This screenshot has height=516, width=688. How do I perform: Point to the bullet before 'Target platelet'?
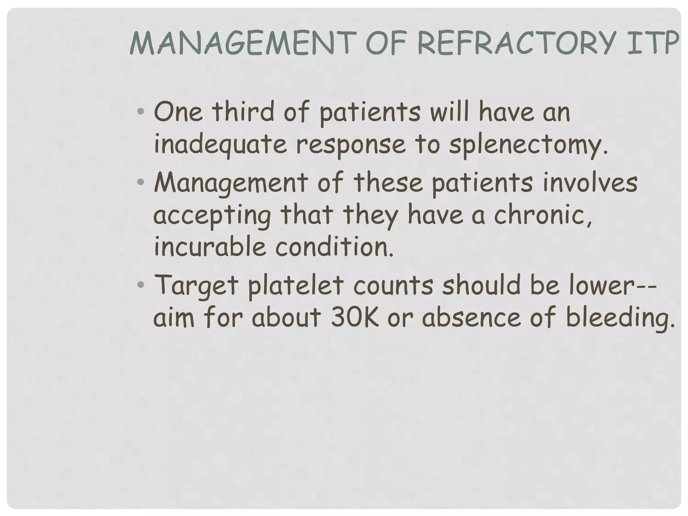point(141,285)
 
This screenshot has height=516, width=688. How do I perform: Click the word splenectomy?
point(528,145)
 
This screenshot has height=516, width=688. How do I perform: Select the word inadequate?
point(220,145)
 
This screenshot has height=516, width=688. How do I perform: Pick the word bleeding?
point(620,318)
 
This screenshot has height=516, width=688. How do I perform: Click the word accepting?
point(212,216)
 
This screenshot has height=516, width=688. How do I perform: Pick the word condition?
point(334,247)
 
